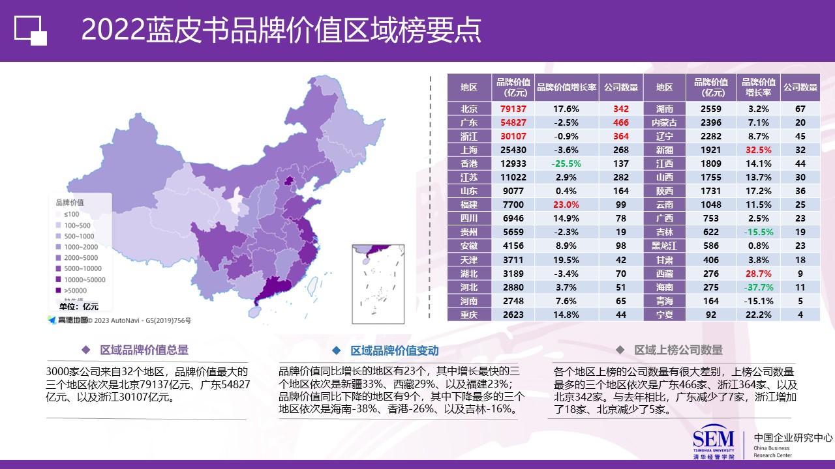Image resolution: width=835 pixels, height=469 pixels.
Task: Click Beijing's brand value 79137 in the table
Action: tap(513, 109)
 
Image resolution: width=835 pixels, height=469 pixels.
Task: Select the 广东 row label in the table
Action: tap(468, 122)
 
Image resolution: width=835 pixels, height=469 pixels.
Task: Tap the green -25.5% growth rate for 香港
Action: tap(566, 163)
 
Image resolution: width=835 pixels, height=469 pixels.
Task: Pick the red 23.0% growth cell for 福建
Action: tap(566, 205)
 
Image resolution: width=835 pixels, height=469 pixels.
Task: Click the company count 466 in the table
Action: tap(620, 122)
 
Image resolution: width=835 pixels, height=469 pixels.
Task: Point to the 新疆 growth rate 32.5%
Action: tap(758, 150)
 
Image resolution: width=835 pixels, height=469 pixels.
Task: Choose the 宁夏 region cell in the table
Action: tap(664, 315)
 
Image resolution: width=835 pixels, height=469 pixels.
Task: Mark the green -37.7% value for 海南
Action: tap(758, 287)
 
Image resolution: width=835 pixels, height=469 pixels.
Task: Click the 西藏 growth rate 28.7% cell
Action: tap(758, 274)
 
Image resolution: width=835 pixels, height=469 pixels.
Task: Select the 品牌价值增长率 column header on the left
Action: tap(566, 87)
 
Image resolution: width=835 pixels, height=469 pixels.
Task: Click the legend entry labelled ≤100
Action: tap(72, 214)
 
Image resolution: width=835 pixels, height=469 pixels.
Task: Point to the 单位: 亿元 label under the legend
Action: tap(78, 307)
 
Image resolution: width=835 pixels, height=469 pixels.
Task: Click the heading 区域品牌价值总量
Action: tap(144, 350)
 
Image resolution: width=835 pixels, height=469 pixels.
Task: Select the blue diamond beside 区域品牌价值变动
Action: tap(336, 350)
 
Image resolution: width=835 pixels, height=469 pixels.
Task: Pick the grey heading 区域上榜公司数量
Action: tap(678, 350)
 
